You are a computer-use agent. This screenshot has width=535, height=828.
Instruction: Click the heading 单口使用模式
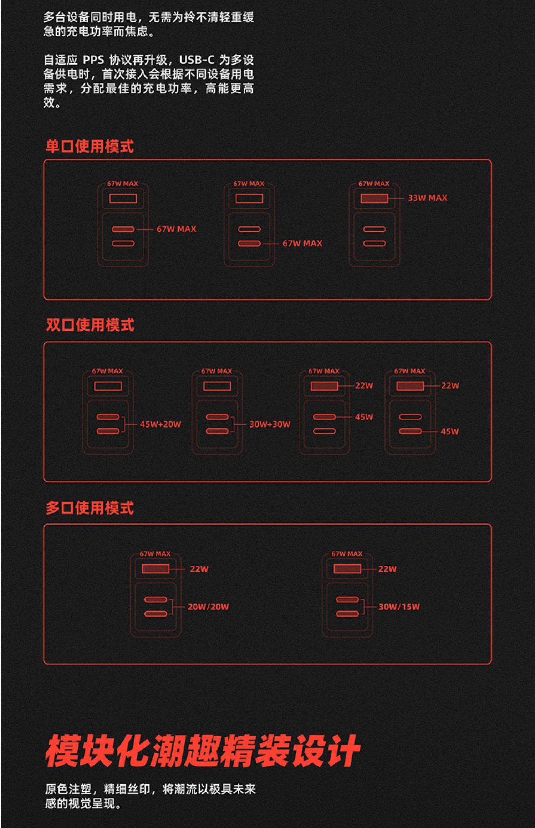pos(90,146)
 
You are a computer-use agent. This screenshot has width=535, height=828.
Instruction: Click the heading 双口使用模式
pos(90,325)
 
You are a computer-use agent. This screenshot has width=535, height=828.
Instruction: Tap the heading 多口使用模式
pos(90,508)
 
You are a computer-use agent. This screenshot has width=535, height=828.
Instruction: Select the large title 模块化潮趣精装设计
pos(202,750)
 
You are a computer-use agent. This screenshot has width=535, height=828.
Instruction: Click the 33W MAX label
pos(427,198)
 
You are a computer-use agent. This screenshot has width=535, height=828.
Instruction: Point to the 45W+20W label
pos(160,424)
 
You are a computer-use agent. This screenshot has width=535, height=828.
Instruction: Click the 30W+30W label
pos(270,424)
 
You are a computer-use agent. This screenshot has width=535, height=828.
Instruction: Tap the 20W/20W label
pos(208,607)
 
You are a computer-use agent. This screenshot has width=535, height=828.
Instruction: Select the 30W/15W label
pos(399,607)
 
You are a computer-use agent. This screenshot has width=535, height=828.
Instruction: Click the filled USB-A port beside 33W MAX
pos(374,198)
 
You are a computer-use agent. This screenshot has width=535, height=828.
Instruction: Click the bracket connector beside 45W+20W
pos(124,424)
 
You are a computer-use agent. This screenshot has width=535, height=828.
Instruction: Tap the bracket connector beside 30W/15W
pos(363,607)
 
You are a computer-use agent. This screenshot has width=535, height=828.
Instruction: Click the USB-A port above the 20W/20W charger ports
pos(156,569)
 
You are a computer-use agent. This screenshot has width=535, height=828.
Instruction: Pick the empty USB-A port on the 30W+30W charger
pos(217,386)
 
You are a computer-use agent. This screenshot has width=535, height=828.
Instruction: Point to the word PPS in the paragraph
pos(93,60)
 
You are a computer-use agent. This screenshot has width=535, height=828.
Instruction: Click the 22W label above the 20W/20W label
pos(199,569)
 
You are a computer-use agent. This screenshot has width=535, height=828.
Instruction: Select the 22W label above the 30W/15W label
pos(387,569)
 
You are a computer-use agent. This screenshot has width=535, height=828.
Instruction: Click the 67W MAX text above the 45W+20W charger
pos(107,371)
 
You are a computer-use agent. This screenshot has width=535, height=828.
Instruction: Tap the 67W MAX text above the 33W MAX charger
pos(374,184)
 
